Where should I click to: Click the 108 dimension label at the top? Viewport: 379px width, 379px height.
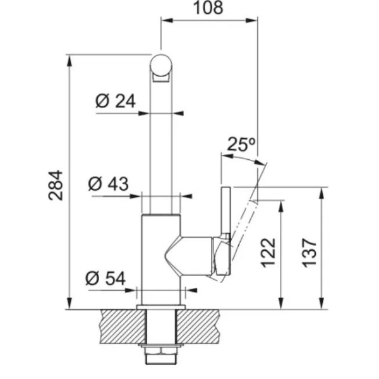pyautogui.click(x=208, y=8)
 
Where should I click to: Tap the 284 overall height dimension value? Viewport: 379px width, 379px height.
pyautogui.click(x=56, y=185)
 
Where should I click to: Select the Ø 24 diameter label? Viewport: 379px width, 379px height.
pyautogui.click(x=116, y=101)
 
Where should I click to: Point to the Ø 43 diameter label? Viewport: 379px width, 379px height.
pyautogui.click(x=108, y=184)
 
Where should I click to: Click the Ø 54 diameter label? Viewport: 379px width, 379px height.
pyautogui.click(x=105, y=278)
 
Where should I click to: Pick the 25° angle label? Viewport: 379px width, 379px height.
pyautogui.click(x=241, y=144)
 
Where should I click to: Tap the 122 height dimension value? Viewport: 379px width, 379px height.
pyautogui.click(x=268, y=253)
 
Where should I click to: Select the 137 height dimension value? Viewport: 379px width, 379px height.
pyautogui.click(x=310, y=253)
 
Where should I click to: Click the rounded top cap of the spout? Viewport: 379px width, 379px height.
pyautogui.click(x=161, y=65)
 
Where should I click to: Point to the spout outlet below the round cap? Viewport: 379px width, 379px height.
pyautogui.click(x=161, y=78)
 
